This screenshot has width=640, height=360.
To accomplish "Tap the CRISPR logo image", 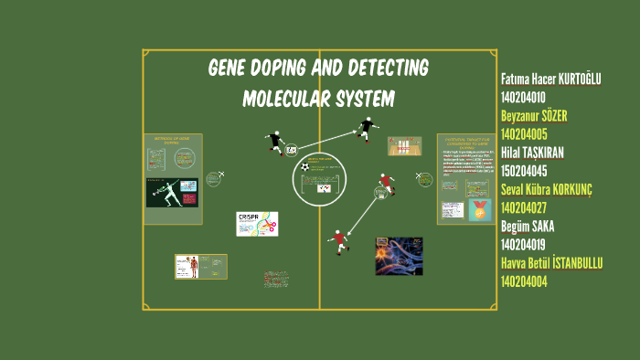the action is pyautogui.click(x=257, y=224).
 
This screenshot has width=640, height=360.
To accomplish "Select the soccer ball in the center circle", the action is pyautogui.click(x=304, y=168).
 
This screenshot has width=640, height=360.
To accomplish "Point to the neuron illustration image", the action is pyautogui.click(x=399, y=256).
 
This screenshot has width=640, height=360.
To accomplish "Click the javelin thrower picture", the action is pyautogui.click(x=172, y=193).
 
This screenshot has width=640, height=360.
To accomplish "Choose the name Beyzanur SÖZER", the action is pyautogui.click(x=535, y=116).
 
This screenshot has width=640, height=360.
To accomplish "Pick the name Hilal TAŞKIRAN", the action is pyautogui.click(x=532, y=153).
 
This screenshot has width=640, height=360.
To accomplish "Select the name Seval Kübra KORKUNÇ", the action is pyautogui.click(x=547, y=189).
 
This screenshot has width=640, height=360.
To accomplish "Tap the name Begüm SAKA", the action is pyautogui.click(x=528, y=226).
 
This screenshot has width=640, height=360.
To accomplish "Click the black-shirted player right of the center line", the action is pyautogui.click(x=367, y=127).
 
